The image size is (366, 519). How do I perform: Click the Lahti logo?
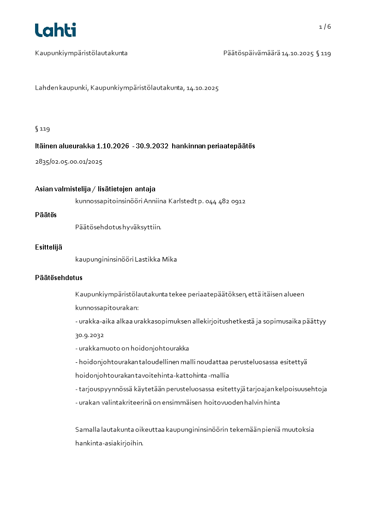click(55, 30)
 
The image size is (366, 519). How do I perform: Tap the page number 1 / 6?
click(325, 27)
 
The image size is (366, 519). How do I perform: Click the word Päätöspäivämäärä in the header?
click(252, 53)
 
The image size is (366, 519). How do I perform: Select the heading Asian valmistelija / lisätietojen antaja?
click(95, 189)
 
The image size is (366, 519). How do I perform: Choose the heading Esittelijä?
click(48, 247)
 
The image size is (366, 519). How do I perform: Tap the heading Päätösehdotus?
click(59, 278)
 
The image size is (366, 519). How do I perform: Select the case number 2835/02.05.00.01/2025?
click(68, 162)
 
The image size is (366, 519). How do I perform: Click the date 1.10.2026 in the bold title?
click(113, 146)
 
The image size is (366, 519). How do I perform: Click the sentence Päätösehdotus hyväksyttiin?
click(118, 227)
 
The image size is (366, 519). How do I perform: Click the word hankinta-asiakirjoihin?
click(109, 443)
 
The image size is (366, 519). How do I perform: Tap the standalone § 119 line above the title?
click(42, 129)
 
